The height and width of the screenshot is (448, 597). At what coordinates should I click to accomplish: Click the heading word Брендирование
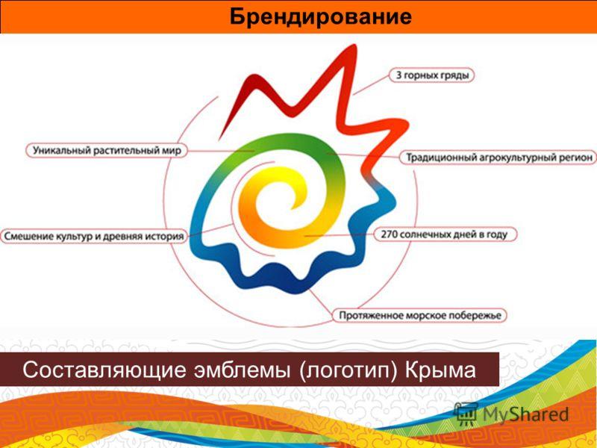321,16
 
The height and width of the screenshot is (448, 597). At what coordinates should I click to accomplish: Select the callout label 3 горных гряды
432,75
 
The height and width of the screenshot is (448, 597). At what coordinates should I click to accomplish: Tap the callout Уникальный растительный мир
107,151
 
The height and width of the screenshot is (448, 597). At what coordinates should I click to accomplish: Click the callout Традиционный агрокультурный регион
498,158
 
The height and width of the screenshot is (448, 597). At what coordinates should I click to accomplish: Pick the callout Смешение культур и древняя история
94,236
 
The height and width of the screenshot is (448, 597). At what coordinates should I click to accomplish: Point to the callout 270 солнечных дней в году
444,234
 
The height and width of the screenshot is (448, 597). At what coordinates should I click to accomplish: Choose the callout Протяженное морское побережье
419,315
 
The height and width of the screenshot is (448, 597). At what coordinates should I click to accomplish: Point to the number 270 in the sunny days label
389,234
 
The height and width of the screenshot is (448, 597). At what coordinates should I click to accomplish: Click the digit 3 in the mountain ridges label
398,75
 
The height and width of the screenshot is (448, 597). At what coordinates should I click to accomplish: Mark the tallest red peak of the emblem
354,46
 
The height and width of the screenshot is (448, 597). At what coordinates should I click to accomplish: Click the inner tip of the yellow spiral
293,208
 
